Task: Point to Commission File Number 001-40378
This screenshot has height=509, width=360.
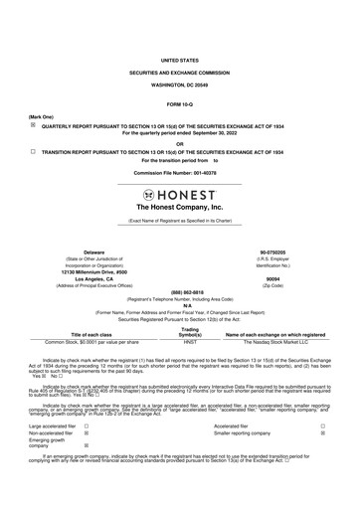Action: pyautogui.click(x=179, y=172)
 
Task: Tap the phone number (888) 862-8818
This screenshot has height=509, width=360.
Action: pyautogui.click(x=179, y=293)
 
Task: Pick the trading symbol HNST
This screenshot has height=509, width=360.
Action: pyautogui.click(x=191, y=343)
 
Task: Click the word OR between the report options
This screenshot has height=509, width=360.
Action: pyautogui.click(x=179, y=142)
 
